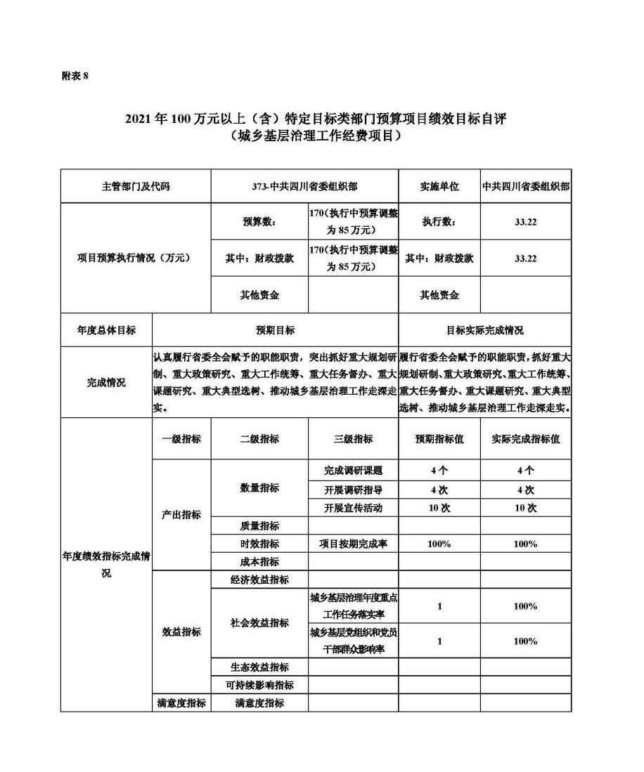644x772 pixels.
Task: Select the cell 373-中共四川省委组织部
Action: tap(304, 187)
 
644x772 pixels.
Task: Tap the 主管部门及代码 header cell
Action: tap(136, 187)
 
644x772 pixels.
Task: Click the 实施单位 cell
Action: tap(439, 187)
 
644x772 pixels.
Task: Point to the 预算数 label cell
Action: tap(259, 222)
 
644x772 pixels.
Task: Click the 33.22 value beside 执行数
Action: tap(525, 222)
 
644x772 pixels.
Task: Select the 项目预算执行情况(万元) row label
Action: tap(136, 259)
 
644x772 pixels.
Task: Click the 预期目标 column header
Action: tap(275, 330)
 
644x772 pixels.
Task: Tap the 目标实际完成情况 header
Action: tap(484, 330)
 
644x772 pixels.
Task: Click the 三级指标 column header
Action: tap(353, 439)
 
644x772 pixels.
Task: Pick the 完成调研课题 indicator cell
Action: tap(353, 471)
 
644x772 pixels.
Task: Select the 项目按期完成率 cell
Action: tap(353, 544)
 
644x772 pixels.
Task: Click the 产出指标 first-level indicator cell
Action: tap(181, 515)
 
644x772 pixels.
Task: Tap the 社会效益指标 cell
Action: tap(259, 623)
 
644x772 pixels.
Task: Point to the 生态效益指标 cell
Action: tap(259, 667)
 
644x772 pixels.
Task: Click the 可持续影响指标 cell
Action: tap(259, 685)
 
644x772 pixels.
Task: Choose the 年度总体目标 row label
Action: tap(106, 330)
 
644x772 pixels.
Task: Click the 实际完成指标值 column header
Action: tap(525, 439)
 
